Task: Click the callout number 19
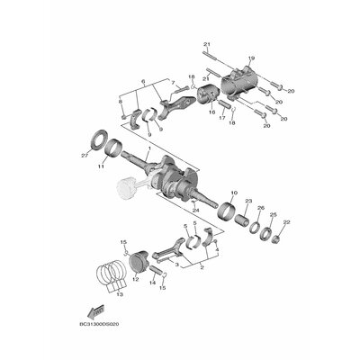251,58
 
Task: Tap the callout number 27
85,155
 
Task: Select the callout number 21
205,44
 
